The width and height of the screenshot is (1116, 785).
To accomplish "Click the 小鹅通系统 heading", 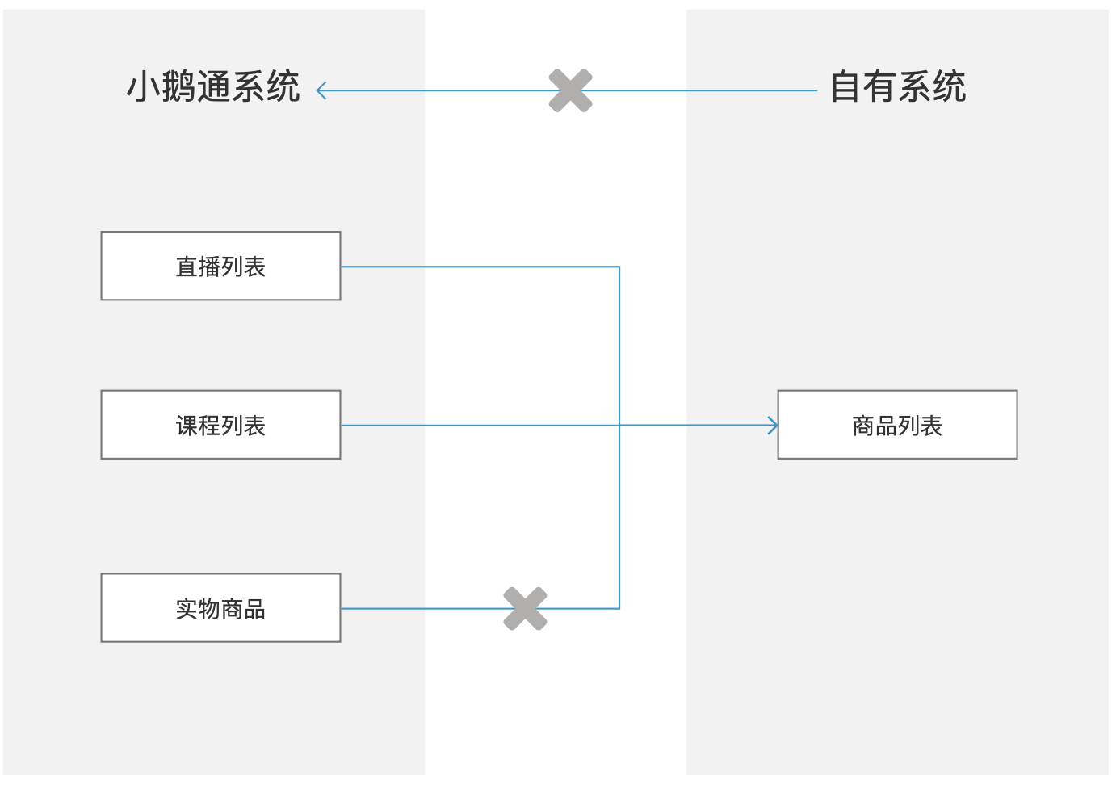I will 213,87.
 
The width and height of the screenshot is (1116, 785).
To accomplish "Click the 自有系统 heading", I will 897,87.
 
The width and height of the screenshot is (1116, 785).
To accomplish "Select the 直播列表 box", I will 220,267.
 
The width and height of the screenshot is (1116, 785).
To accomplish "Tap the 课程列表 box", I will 220,426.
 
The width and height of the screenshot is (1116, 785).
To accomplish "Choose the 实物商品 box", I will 220,609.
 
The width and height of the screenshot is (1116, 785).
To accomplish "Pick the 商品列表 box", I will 897,426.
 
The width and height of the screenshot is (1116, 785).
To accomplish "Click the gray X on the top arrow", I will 570,90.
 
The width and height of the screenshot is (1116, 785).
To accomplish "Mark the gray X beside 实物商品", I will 525,608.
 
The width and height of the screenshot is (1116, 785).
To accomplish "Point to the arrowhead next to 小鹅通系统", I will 321,90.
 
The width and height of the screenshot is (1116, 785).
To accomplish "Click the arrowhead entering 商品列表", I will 773,426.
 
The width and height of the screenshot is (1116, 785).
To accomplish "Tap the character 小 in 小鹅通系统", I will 143,87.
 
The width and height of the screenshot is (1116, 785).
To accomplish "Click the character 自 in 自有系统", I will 845,87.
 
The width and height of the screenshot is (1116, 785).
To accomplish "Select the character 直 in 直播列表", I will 187,267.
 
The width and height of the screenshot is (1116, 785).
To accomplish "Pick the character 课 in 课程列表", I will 187,426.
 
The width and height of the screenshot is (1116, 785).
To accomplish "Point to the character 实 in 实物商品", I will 187,609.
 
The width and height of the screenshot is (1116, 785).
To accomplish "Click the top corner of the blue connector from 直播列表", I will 619,267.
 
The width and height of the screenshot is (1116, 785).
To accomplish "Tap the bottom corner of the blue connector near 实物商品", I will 619,608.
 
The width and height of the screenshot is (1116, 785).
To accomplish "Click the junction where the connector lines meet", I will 619,426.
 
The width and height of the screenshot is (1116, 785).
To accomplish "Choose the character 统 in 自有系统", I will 950,87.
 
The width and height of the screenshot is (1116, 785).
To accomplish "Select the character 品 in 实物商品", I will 254,609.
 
